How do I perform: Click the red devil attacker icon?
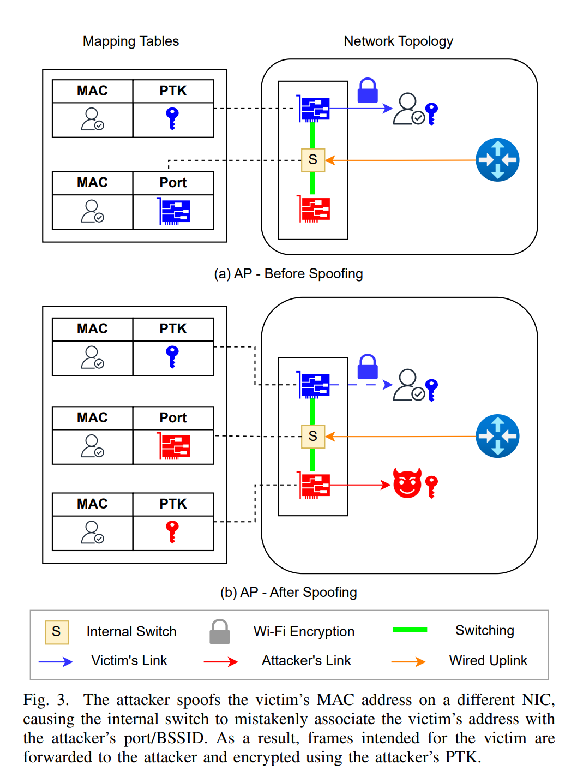pyautogui.click(x=407, y=483)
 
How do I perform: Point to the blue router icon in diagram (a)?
pyautogui.click(x=497, y=160)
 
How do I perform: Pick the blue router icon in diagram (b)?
pyautogui.click(x=497, y=436)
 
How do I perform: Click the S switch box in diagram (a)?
pyautogui.click(x=313, y=160)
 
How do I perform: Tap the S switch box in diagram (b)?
pyautogui.click(x=313, y=436)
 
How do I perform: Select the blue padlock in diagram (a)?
pyautogui.click(x=368, y=91)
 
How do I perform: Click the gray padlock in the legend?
pyautogui.click(x=220, y=632)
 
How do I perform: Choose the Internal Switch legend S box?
pyautogui.click(x=57, y=632)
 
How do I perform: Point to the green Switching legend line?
pyautogui.click(x=410, y=630)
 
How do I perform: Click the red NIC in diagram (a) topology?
pyautogui.click(x=314, y=210)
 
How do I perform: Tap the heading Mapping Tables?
pyautogui.click(x=131, y=41)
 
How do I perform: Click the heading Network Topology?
pyautogui.click(x=398, y=41)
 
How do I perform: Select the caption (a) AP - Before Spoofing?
pyautogui.click(x=288, y=274)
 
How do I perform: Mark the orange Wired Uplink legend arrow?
pyautogui.click(x=408, y=662)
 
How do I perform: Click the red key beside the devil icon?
pyautogui.click(x=431, y=486)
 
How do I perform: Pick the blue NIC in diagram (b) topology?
pyautogui.click(x=314, y=385)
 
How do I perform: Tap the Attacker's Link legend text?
pyautogui.click(x=306, y=661)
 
